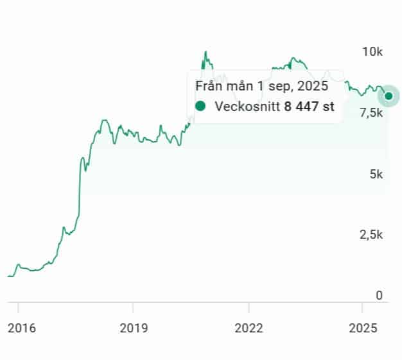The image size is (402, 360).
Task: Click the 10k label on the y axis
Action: coord(372,51)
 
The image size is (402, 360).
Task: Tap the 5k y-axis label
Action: coord(376,174)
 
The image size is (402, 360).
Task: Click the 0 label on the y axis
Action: coord(380,296)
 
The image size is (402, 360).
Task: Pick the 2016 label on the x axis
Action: coord(21,329)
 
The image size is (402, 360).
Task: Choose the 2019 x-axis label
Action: coord(134,329)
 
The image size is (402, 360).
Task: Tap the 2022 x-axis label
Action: coord(249,329)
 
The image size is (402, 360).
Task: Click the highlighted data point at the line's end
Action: coord(389,96)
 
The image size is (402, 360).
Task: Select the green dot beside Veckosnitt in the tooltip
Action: coord(201,107)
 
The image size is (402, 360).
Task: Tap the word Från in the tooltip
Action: coord(209,86)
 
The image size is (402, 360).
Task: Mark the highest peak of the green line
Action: coord(205,52)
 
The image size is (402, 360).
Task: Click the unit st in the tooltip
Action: coord(328,107)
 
